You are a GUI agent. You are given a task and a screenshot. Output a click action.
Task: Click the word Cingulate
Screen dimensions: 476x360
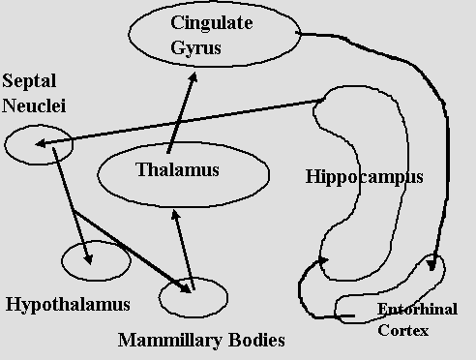point(212,23)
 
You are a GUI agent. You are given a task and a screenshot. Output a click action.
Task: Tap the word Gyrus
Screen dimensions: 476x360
point(195,48)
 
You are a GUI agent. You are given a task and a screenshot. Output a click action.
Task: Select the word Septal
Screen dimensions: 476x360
point(29,81)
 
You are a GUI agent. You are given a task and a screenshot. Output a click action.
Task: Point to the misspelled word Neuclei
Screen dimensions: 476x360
point(34,105)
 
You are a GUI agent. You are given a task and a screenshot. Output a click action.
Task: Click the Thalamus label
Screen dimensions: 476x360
point(177,169)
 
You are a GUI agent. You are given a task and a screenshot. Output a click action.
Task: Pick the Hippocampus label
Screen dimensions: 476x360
point(364,177)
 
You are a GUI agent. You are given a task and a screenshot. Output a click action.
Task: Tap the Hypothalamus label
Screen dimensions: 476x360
point(68,305)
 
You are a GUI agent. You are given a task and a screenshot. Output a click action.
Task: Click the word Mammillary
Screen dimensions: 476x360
point(170,340)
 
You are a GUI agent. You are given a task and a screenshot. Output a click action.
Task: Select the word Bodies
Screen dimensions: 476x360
point(256,340)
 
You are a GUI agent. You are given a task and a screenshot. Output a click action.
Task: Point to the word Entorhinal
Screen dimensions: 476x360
point(417,309)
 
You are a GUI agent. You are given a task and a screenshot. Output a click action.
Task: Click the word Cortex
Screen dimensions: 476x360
point(403,330)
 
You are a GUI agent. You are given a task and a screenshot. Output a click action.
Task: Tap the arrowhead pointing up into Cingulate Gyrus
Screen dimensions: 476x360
point(193,77)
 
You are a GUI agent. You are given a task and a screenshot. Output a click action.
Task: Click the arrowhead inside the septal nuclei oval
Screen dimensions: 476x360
point(41,144)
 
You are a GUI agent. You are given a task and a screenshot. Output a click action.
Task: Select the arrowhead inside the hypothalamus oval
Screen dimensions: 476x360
point(88,259)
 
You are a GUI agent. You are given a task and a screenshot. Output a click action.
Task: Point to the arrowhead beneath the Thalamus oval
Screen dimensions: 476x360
point(175,215)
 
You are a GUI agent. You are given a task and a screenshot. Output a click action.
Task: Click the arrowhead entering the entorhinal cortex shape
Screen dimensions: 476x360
point(431,265)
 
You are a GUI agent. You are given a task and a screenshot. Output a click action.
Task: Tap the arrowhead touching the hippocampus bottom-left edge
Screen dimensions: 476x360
point(323,260)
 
